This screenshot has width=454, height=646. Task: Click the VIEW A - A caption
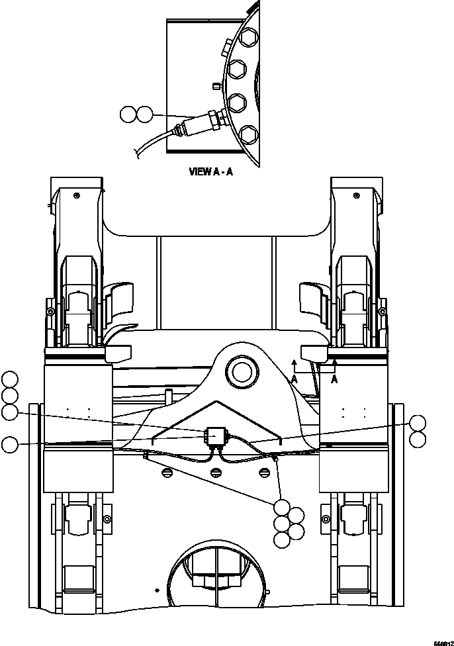(211, 171)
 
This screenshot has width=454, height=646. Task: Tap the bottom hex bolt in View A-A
(248, 136)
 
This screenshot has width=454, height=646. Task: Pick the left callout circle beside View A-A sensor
(128, 114)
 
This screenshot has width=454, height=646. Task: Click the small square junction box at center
(215, 435)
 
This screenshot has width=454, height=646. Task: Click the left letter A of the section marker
(295, 379)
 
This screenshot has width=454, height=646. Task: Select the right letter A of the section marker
(335, 379)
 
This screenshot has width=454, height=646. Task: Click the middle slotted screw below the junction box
(215, 471)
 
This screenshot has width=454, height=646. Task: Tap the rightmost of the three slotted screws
(265, 471)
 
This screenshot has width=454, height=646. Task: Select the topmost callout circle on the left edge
(10, 379)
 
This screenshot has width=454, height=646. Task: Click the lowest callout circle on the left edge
(10, 444)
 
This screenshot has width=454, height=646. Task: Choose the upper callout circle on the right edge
(418, 423)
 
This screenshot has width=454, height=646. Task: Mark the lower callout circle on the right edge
(418, 439)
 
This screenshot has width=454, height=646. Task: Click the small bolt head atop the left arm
(77, 195)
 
